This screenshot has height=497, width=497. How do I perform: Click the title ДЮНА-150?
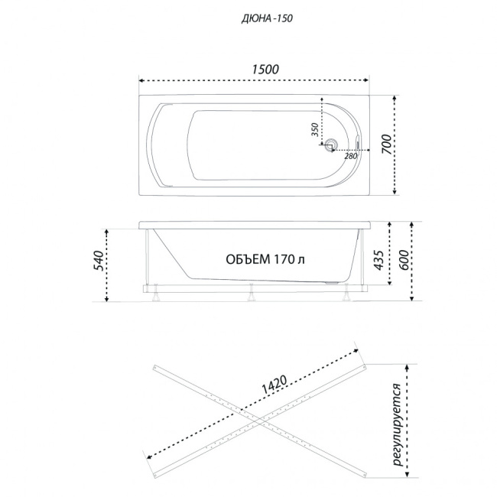click(x=267, y=18)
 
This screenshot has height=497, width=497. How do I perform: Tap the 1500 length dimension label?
click(x=265, y=69)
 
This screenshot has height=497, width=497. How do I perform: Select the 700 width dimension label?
click(x=386, y=145)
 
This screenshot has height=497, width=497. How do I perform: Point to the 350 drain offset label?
click(x=314, y=130)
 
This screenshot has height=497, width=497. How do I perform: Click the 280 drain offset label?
click(x=351, y=156)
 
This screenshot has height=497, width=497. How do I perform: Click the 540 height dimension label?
click(x=99, y=260)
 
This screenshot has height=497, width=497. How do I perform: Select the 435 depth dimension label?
click(x=378, y=260)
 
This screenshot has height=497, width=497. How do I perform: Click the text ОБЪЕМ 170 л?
click(x=265, y=259)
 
